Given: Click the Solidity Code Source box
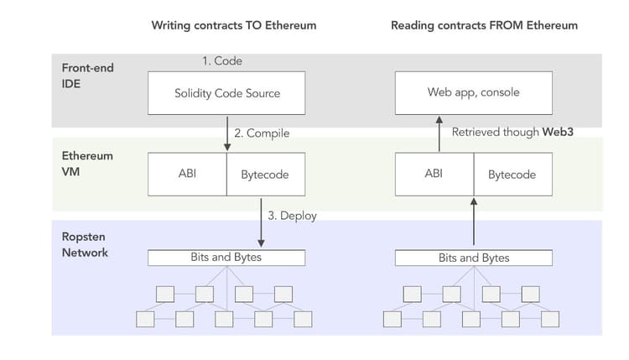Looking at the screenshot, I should [x=226, y=92].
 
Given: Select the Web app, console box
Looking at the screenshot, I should [x=474, y=92].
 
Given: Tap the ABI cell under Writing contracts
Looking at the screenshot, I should [x=187, y=175].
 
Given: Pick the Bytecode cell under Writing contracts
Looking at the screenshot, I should [x=265, y=175].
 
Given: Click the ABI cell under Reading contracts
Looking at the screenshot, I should [x=434, y=175].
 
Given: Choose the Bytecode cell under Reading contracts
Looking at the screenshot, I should [x=512, y=175].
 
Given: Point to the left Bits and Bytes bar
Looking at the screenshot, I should [x=226, y=257].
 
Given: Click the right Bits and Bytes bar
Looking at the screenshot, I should [x=474, y=258].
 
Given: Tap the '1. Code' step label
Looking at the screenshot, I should [x=221, y=61].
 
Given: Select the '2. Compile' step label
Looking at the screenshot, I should [x=263, y=133].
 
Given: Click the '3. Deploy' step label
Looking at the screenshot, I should [x=292, y=215].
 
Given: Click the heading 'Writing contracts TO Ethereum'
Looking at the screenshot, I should [x=234, y=25].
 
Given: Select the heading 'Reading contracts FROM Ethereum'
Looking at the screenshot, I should [x=484, y=25].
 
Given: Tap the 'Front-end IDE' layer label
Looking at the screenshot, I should [x=88, y=75].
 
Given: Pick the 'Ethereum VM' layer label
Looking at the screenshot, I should [x=87, y=164].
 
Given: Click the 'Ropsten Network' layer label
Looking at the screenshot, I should [x=85, y=244].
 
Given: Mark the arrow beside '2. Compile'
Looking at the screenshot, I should [x=226, y=133].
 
